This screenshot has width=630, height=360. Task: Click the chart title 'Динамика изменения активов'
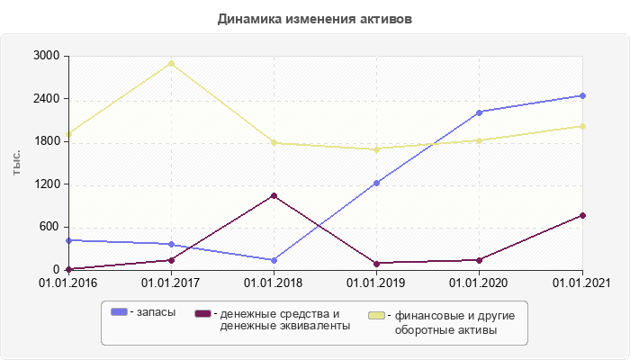tap(315, 19)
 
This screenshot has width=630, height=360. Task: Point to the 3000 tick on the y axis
tap(46, 56)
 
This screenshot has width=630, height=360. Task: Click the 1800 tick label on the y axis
tap(46, 141)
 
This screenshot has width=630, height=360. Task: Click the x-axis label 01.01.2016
tap(68, 283)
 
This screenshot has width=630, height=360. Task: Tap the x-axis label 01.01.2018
tap(274, 283)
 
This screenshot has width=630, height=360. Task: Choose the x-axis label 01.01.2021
tap(582, 283)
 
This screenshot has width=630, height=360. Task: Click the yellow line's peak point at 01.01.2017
tap(171, 63)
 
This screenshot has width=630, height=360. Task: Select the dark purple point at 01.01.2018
tap(274, 195)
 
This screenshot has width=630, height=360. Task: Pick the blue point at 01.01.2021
tap(582, 95)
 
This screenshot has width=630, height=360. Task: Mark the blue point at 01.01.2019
tap(376, 183)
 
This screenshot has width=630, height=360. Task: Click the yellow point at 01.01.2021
tap(582, 126)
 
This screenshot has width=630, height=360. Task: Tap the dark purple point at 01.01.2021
tap(582, 215)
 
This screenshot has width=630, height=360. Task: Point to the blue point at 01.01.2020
tap(479, 112)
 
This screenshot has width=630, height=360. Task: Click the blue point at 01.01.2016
tap(68, 240)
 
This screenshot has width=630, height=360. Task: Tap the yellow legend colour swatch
tap(378, 316)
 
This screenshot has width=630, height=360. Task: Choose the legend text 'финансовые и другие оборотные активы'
tap(446, 323)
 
